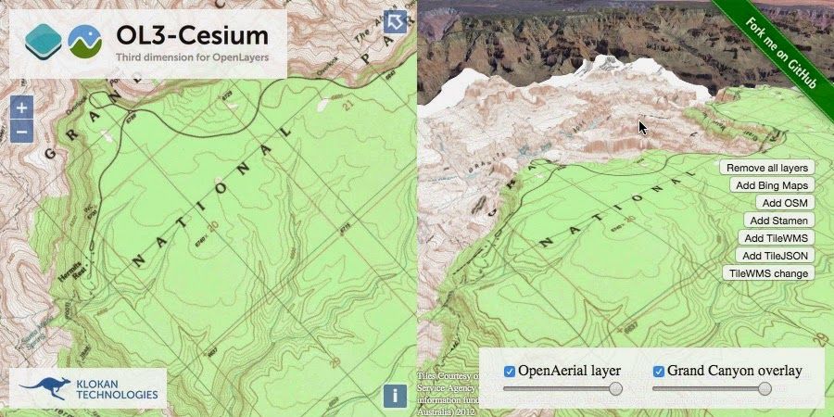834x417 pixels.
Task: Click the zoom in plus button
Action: pyautogui.click(x=22, y=107)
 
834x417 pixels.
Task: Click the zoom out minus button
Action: pyautogui.click(x=22, y=131)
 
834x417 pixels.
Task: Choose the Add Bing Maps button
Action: pyautogui.click(x=771, y=185)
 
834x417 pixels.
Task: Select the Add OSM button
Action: pyautogui.click(x=783, y=203)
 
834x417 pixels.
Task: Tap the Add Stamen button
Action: pyautogui.click(x=778, y=221)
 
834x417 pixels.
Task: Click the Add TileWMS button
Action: pyautogui.click(x=775, y=238)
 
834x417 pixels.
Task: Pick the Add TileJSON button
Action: pyautogui.click(x=775, y=256)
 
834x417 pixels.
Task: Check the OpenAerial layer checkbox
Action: pyautogui.click(x=509, y=372)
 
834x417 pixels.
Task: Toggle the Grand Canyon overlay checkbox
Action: pyautogui.click(x=659, y=372)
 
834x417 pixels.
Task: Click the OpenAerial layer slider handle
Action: pyautogui.click(x=616, y=389)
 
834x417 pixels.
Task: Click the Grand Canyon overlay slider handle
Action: pyautogui.click(x=764, y=389)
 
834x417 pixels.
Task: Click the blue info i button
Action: pyautogui.click(x=395, y=397)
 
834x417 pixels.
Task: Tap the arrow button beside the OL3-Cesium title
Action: pyautogui.click(x=396, y=22)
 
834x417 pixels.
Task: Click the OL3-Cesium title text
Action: pyautogui.click(x=192, y=35)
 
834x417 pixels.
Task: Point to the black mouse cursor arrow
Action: pyautogui.click(x=642, y=126)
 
